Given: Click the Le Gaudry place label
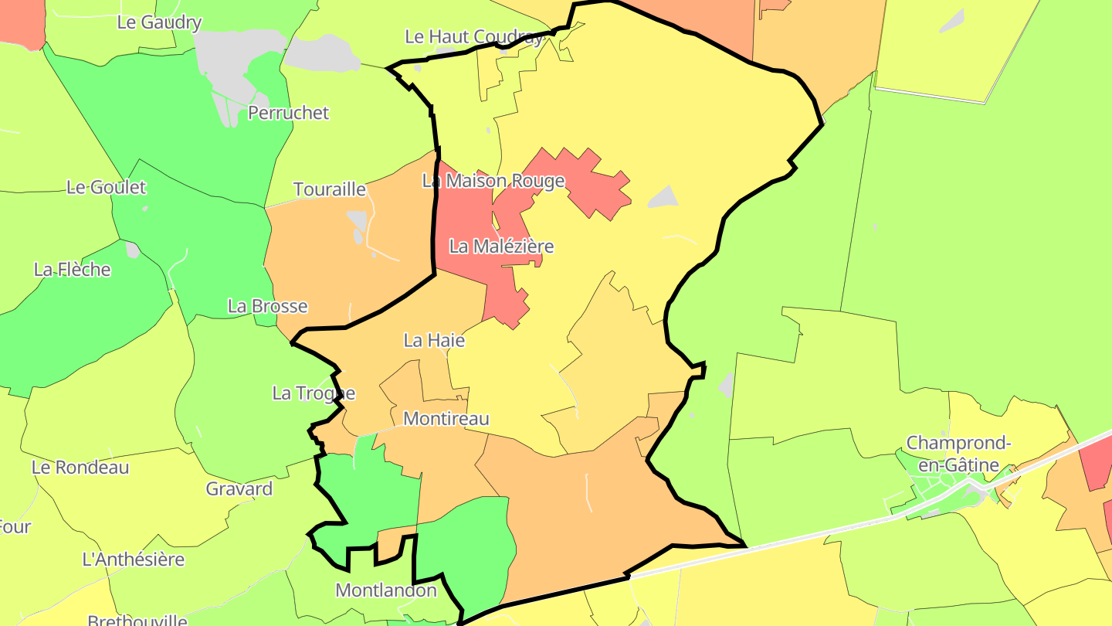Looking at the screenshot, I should [159, 22].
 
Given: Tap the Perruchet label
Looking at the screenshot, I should [288, 113].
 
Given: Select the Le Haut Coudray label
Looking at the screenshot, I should [474, 36].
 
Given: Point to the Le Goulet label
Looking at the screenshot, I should [107, 187].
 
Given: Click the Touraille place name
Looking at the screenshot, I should [330, 189].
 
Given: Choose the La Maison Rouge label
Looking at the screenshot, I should [493, 181].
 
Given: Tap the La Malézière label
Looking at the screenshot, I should [502, 247].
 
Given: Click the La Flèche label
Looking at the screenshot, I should [73, 270].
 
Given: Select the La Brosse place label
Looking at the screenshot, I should [267, 306].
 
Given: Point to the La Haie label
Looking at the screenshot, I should [435, 340].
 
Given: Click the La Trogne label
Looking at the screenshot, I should [314, 393].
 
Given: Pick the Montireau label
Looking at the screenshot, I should [446, 419].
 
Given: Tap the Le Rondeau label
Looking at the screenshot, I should [80, 468].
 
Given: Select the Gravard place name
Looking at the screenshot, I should [239, 488].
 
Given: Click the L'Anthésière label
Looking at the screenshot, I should [134, 559].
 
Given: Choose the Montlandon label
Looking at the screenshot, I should [386, 590].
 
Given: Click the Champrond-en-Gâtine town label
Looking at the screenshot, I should [958, 454].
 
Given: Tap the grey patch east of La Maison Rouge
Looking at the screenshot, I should [663, 197].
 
